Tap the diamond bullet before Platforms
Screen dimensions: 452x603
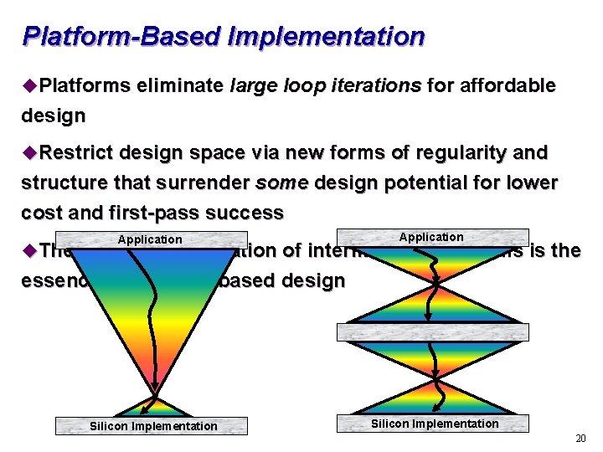[x=30, y=85]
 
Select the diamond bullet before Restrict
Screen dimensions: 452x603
[x=30, y=153]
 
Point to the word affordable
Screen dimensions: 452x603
[x=504, y=85]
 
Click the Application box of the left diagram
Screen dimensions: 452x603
[x=151, y=239]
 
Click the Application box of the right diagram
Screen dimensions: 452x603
[x=431, y=237]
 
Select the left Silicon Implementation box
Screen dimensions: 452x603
[x=152, y=426]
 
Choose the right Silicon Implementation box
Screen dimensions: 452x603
[x=434, y=424]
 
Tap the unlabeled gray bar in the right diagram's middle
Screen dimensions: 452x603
[x=433, y=331]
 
